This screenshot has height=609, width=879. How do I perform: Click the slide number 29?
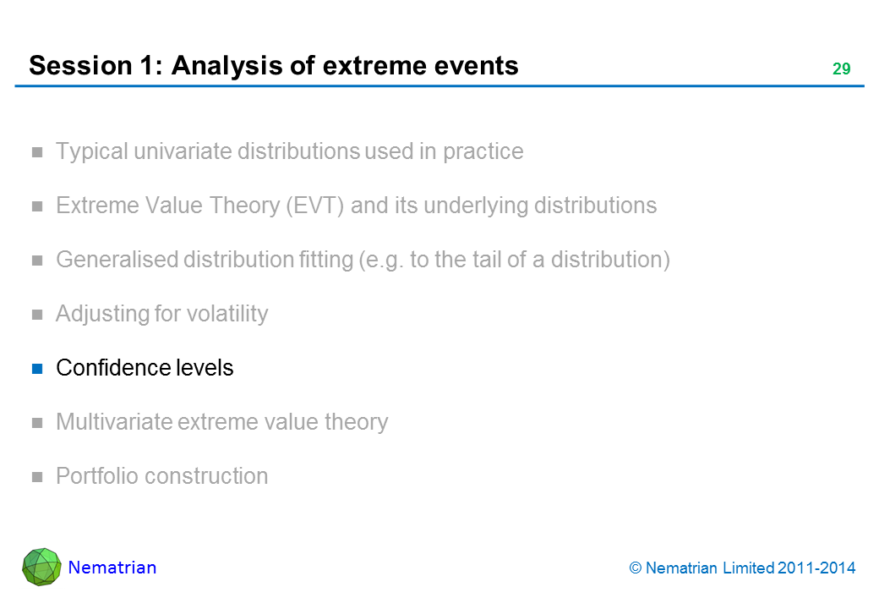point(841,69)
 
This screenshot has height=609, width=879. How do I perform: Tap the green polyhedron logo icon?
point(41,567)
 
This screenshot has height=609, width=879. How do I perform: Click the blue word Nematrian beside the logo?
point(112,568)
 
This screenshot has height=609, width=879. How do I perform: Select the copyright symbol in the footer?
point(635,568)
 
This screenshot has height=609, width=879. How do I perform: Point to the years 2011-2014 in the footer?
point(816,568)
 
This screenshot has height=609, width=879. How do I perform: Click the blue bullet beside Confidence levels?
point(37,369)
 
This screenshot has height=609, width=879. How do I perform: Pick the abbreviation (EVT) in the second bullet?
point(315,206)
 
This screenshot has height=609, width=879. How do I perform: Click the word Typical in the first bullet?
point(92,151)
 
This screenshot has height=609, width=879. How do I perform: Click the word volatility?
point(227,314)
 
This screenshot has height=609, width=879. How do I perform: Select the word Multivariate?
point(114,422)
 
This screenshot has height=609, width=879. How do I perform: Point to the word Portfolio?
point(97,476)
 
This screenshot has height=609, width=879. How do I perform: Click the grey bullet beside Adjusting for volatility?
point(37,315)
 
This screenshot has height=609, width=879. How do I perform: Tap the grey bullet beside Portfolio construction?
point(37,477)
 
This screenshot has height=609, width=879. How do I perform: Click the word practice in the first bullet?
point(483,151)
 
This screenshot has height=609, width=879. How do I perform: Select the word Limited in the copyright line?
point(748,568)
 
